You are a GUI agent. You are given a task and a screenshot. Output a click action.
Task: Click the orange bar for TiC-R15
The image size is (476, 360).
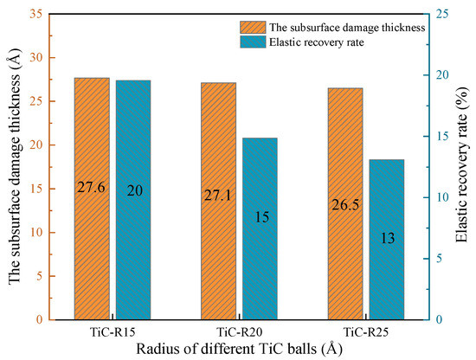coord(92,199)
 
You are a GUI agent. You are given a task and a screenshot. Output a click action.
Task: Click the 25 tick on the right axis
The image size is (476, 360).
coord(441,15)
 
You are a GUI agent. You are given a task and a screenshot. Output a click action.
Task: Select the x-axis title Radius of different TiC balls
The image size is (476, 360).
coord(239,349)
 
